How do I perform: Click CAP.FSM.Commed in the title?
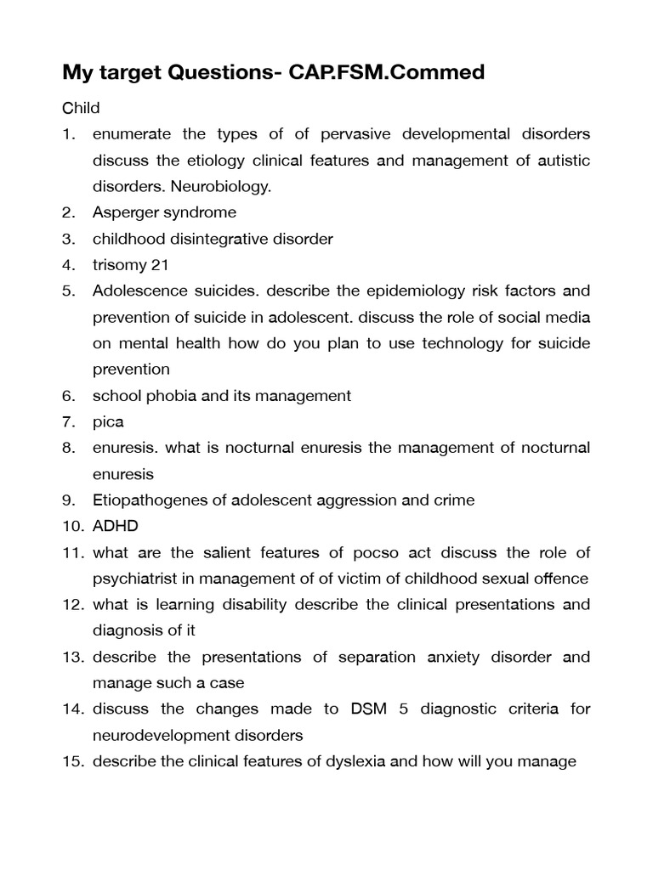click(387, 73)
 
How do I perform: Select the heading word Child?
click(81, 108)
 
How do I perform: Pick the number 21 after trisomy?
click(160, 265)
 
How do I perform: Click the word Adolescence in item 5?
click(133, 291)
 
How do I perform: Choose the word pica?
click(108, 422)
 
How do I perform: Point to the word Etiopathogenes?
click(147, 500)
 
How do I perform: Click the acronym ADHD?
click(115, 527)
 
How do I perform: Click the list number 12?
click(71, 605)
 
